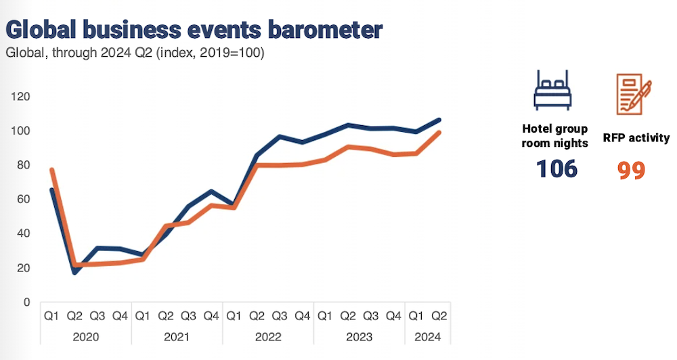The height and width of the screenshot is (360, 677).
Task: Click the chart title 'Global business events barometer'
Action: tap(194, 30)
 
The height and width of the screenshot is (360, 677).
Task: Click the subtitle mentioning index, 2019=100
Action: tap(135, 53)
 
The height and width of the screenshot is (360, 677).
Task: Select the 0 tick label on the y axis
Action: tap(26, 302)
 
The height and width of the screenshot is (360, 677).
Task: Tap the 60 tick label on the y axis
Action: tap(24, 199)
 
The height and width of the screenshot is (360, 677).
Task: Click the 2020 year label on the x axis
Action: tap(86, 336)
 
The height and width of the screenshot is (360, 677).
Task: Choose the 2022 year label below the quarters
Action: tap(267, 336)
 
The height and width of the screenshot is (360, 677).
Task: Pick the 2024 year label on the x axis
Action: tap(428, 336)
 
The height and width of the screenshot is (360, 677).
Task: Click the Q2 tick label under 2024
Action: tap(439, 315)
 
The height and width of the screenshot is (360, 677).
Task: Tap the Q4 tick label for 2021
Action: tap(211, 315)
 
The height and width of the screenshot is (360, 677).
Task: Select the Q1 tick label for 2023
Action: tap(325, 315)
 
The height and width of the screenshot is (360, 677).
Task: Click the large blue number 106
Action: tap(556, 168)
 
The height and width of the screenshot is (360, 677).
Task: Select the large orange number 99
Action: tap(631, 170)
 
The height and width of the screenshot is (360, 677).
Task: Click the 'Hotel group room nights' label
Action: tap(554, 135)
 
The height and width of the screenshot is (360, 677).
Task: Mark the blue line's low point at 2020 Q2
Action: tap(74, 272)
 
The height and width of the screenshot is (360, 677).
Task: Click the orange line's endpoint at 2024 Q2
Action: tap(439, 133)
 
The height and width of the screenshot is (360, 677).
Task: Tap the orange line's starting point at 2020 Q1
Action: tap(51, 170)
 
